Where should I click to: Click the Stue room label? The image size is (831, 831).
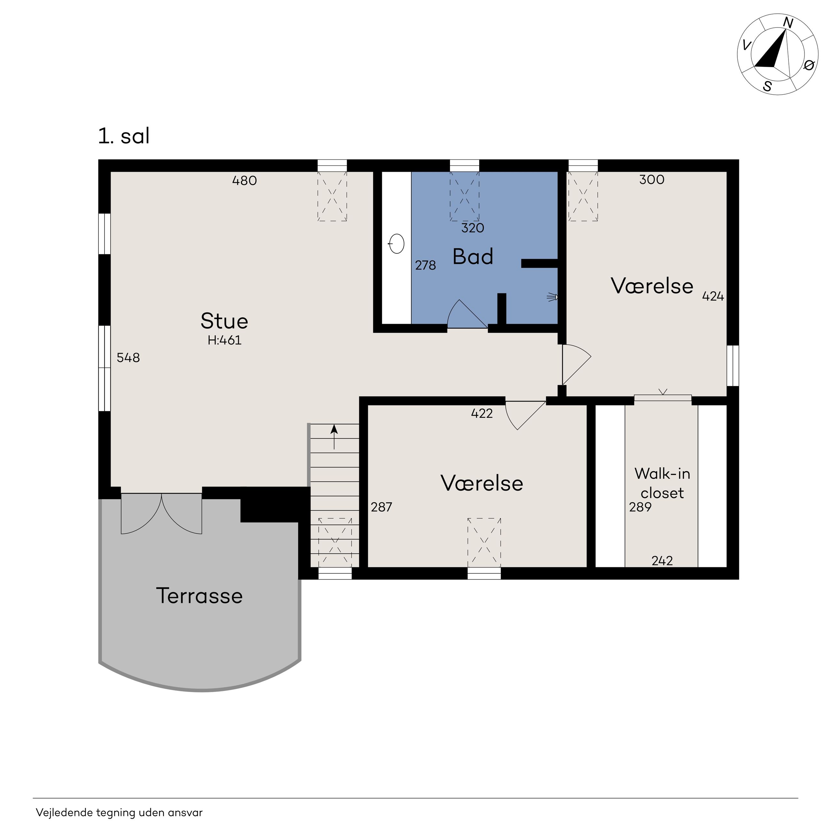[x=224, y=321]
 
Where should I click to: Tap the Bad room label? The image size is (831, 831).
[x=473, y=257]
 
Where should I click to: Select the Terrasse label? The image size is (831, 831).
[x=199, y=596]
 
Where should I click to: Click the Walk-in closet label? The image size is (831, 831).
[x=662, y=483]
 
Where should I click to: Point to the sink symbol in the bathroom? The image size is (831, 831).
[x=397, y=244]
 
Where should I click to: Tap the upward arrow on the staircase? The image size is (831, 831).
[x=334, y=437]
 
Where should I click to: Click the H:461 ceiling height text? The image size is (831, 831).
[x=224, y=340]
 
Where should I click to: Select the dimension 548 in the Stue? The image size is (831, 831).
[x=128, y=357]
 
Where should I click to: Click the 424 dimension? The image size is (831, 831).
[x=713, y=296]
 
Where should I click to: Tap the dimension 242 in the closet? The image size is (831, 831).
[x=662, y=561]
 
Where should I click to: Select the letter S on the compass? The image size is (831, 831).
[x=767, y=86]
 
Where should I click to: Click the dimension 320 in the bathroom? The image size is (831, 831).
[x=473, y=228]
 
